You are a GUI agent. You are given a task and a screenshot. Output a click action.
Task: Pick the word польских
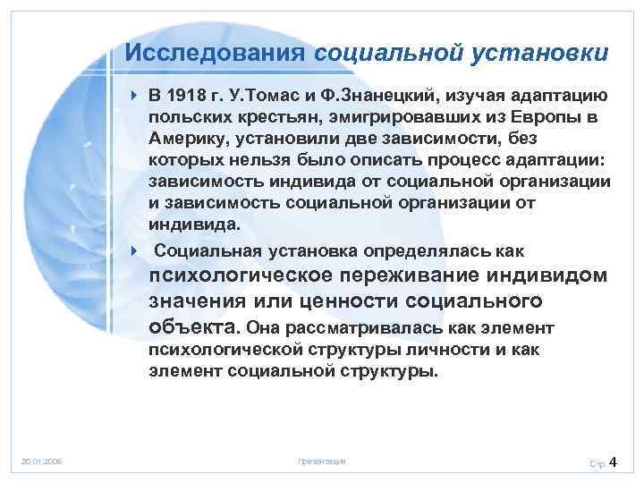click(186, 118)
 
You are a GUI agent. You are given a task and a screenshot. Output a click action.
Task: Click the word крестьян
click(269, 118)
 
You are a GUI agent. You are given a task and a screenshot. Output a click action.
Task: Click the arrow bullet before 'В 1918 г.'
click(132, 97)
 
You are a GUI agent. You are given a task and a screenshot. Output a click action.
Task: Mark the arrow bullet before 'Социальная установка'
click(132, 251)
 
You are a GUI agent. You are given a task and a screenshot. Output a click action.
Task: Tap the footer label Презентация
click(321, 462)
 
